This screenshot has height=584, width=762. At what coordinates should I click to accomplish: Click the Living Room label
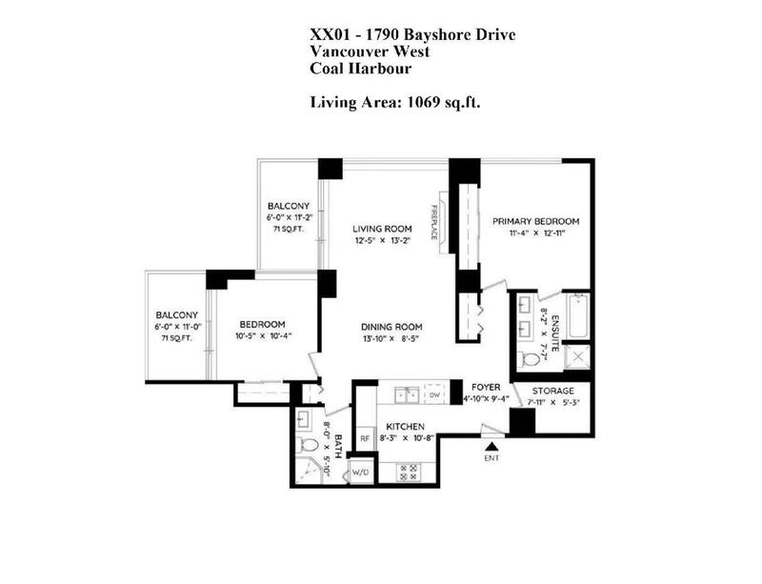pyautogui.click(x=382, y=229)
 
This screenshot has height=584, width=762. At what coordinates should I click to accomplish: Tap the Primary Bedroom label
pyautogui.click(x=535, y=221)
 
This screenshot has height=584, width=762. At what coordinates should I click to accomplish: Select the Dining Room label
pyautogui.click(x=391, y=328)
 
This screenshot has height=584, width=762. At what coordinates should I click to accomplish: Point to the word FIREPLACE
pyautogui.click(x=433, y=222)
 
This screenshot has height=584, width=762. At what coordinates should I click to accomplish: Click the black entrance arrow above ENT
pyautogui.click(x=492, y=447)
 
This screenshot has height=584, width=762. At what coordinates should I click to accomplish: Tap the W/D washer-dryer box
pyautogui.click(x=360, y=472)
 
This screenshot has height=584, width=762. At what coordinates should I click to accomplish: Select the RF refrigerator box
pyautogui.click(x=365, y=438)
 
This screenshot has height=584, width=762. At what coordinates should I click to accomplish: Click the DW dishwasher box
pyautogui.click(x=434, y=394)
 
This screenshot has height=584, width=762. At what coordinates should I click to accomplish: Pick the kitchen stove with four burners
pyautogui.click(x=409, y=473)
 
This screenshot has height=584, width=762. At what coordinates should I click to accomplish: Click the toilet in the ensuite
pyautogui.click(x=529, y=360)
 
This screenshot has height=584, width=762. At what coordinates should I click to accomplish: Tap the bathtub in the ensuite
pyautogui.click(x=578, y=315)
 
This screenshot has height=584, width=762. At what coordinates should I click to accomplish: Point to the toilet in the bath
pyautogui.click(x=307, y=445)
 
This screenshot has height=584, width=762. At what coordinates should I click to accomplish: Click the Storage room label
pyautogui.click(x=553, y=391)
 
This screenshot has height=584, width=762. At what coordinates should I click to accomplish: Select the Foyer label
pyautogui.click(x=486, y=387)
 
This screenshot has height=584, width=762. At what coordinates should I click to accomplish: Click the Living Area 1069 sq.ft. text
pyautogui.click(x=395, y=103)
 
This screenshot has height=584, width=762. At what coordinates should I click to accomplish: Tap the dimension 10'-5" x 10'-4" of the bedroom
pyautogui.click(x=264, y=336)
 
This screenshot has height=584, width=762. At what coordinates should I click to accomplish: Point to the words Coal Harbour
pyautogui.click(x=361, y=69)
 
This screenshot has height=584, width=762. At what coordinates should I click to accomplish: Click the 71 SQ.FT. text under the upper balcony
pyautogui.click(x=289, y=229)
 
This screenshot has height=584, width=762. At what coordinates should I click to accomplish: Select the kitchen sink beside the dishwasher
pyautogui.click(x=407, y=394)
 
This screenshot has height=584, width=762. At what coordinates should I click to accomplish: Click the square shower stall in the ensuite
pyautogui.click(x=578, y=357)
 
